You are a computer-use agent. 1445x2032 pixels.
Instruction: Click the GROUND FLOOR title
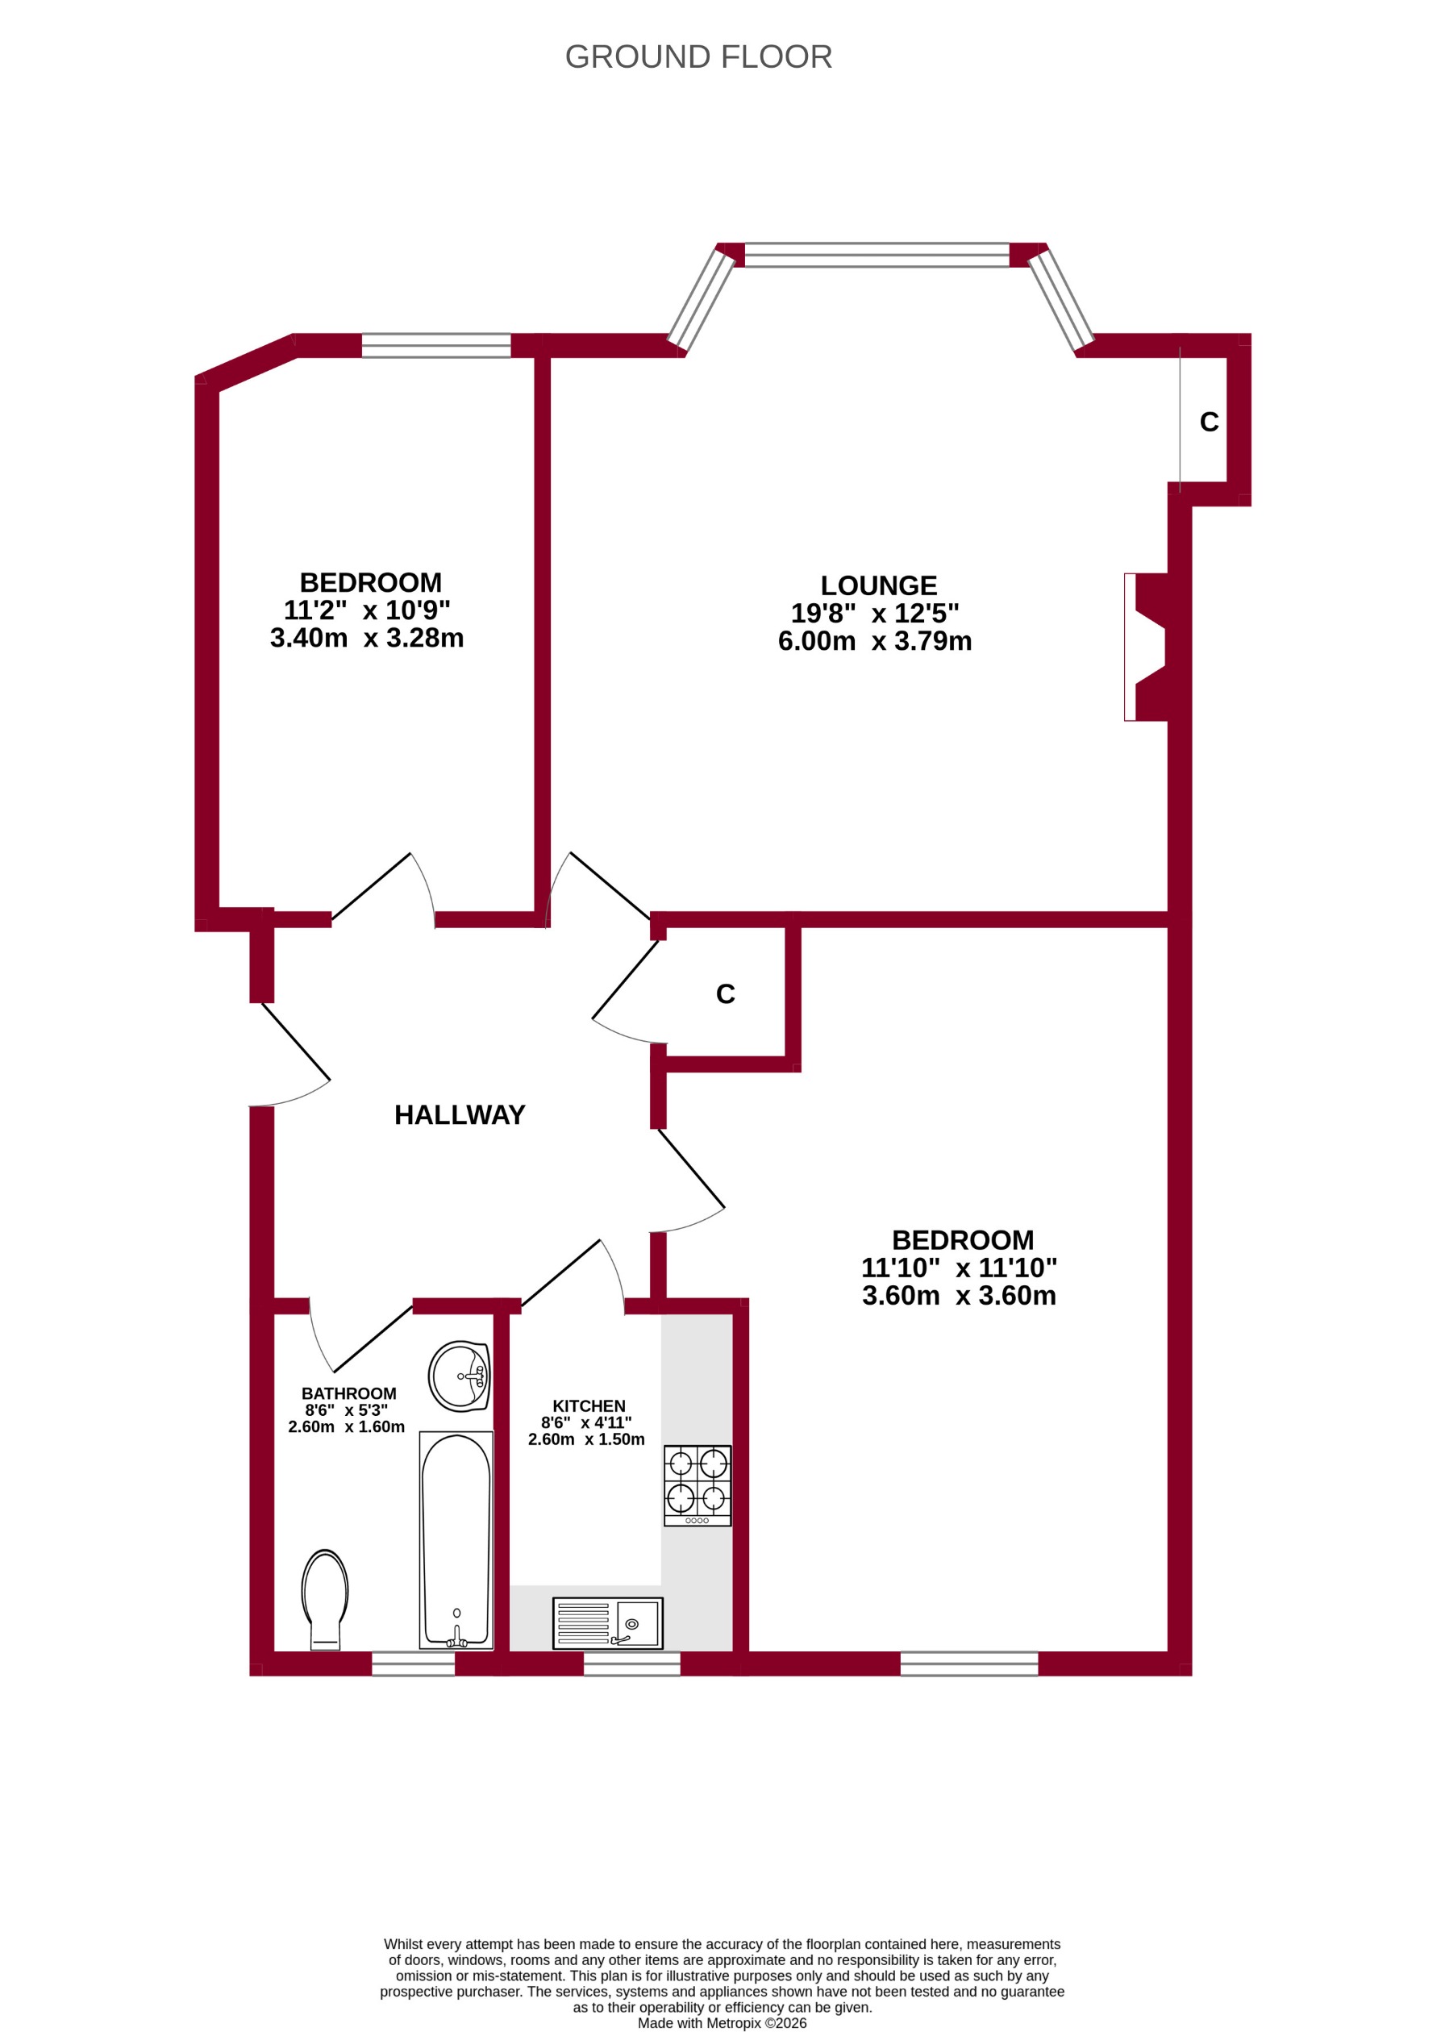coord(698,57)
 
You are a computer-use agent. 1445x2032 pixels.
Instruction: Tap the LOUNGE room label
coord(878,585)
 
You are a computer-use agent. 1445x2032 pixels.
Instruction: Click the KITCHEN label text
coord(588,1405)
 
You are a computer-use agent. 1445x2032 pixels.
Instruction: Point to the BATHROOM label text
coord(349,1393)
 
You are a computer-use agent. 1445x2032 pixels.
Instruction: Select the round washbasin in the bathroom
coord(459,1376)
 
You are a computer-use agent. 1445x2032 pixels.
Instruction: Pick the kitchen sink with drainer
coord(608,1622)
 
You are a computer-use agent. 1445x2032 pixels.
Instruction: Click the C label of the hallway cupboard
coord(725,993)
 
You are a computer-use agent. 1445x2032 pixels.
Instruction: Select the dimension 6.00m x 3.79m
coord(875,641)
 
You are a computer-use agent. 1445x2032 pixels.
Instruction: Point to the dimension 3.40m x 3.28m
coord(367,638)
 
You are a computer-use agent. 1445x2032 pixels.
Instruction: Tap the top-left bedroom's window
coord(436,345)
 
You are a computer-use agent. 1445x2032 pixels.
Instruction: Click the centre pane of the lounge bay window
coord(877,255)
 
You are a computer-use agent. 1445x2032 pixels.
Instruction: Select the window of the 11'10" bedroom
coord(969,1663)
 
